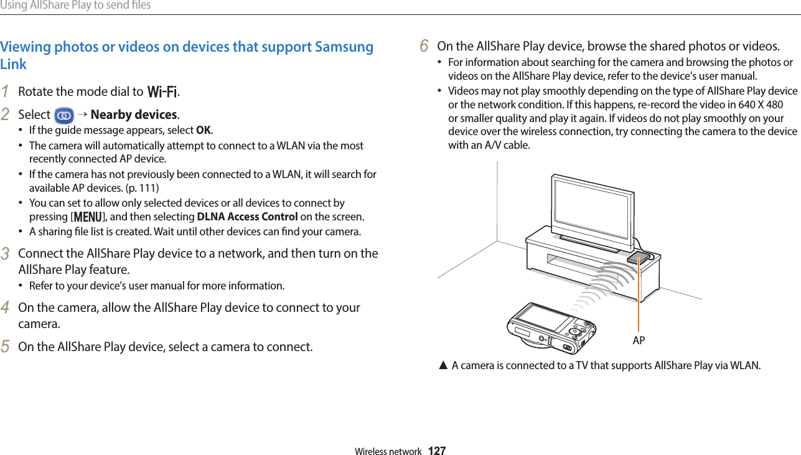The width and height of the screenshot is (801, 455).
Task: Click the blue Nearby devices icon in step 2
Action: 63,115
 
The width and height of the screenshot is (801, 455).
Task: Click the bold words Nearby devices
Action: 134,115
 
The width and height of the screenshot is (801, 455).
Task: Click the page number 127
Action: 437,451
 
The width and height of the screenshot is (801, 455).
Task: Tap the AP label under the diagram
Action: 639,340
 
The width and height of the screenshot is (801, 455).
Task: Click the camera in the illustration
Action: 551,327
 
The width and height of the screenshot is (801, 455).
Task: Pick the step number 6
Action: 424,46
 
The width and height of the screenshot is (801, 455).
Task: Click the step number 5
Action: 5,346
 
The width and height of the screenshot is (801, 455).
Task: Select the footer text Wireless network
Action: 388,451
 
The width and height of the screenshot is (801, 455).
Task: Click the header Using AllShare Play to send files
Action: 75,6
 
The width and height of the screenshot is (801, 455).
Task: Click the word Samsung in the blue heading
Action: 344,47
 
